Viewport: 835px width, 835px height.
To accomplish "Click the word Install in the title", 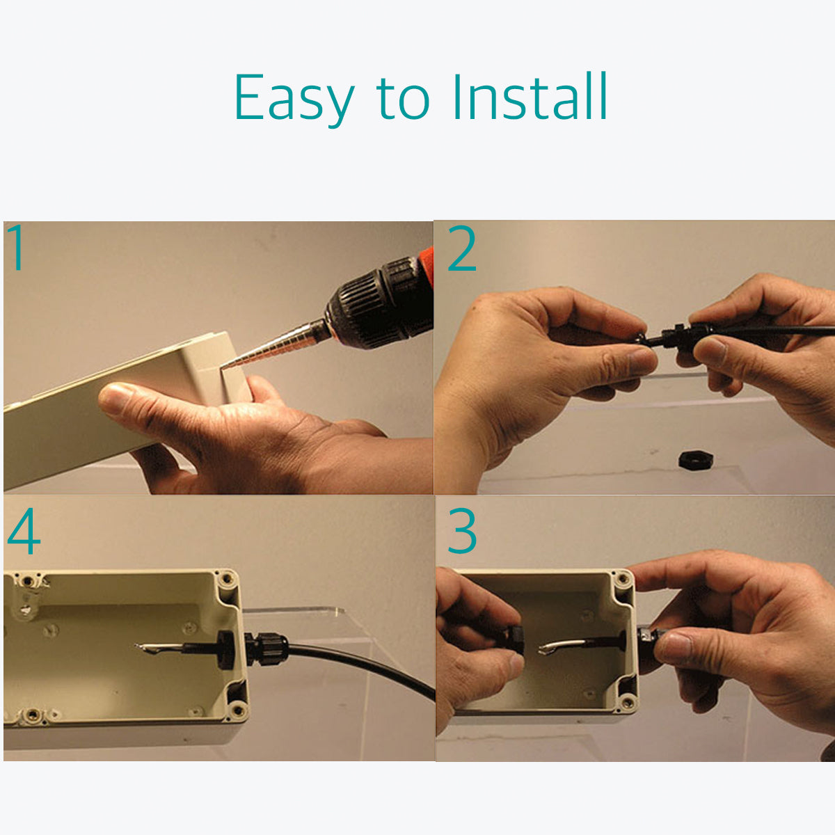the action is tap(530, 96).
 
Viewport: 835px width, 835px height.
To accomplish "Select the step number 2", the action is tap(462, 248).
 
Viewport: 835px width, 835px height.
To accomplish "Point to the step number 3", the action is tap(462, 531).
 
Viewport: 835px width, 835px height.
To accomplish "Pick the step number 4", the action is tap(24, 531).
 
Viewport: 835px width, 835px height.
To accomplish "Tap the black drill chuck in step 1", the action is tap(378, 303).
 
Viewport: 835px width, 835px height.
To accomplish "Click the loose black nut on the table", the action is tap(696, 460).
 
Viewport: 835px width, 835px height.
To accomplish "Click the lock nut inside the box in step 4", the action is tap(226, 649).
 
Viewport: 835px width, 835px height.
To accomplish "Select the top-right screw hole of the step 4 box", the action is tap(226, 578).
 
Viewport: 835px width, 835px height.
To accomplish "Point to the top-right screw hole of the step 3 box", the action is tap(623, 578).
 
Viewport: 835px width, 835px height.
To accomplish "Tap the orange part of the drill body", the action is tap(427, 265).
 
